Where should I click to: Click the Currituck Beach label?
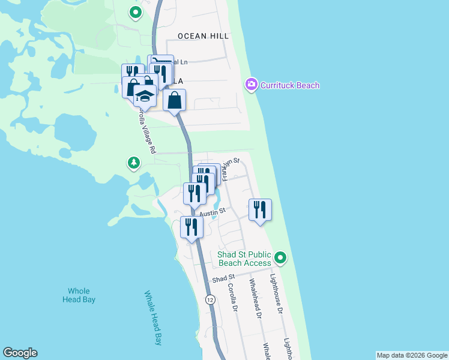(x=289, y=85)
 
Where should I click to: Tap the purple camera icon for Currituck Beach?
(x=252, y=85)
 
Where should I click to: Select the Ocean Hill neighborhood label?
(x=203, y=36)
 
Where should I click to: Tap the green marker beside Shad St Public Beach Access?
(x=280, y=259)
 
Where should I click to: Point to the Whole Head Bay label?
(x=79, y=295)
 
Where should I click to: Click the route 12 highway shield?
(x=209, y=299)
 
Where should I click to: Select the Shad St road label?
(x=223, y=279)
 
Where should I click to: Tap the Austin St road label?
(x=212, y=212)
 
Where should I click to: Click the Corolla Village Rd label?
(x=146, y=131)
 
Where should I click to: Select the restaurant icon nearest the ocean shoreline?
(x=260, y=210)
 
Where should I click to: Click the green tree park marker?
(x=133, y=163)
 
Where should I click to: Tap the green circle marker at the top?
(x=136, y=11)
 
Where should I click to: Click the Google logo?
(x=20, y=353)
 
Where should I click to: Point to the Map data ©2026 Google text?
(x=412, y=355)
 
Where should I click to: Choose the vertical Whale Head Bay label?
(x=153, y=318)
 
